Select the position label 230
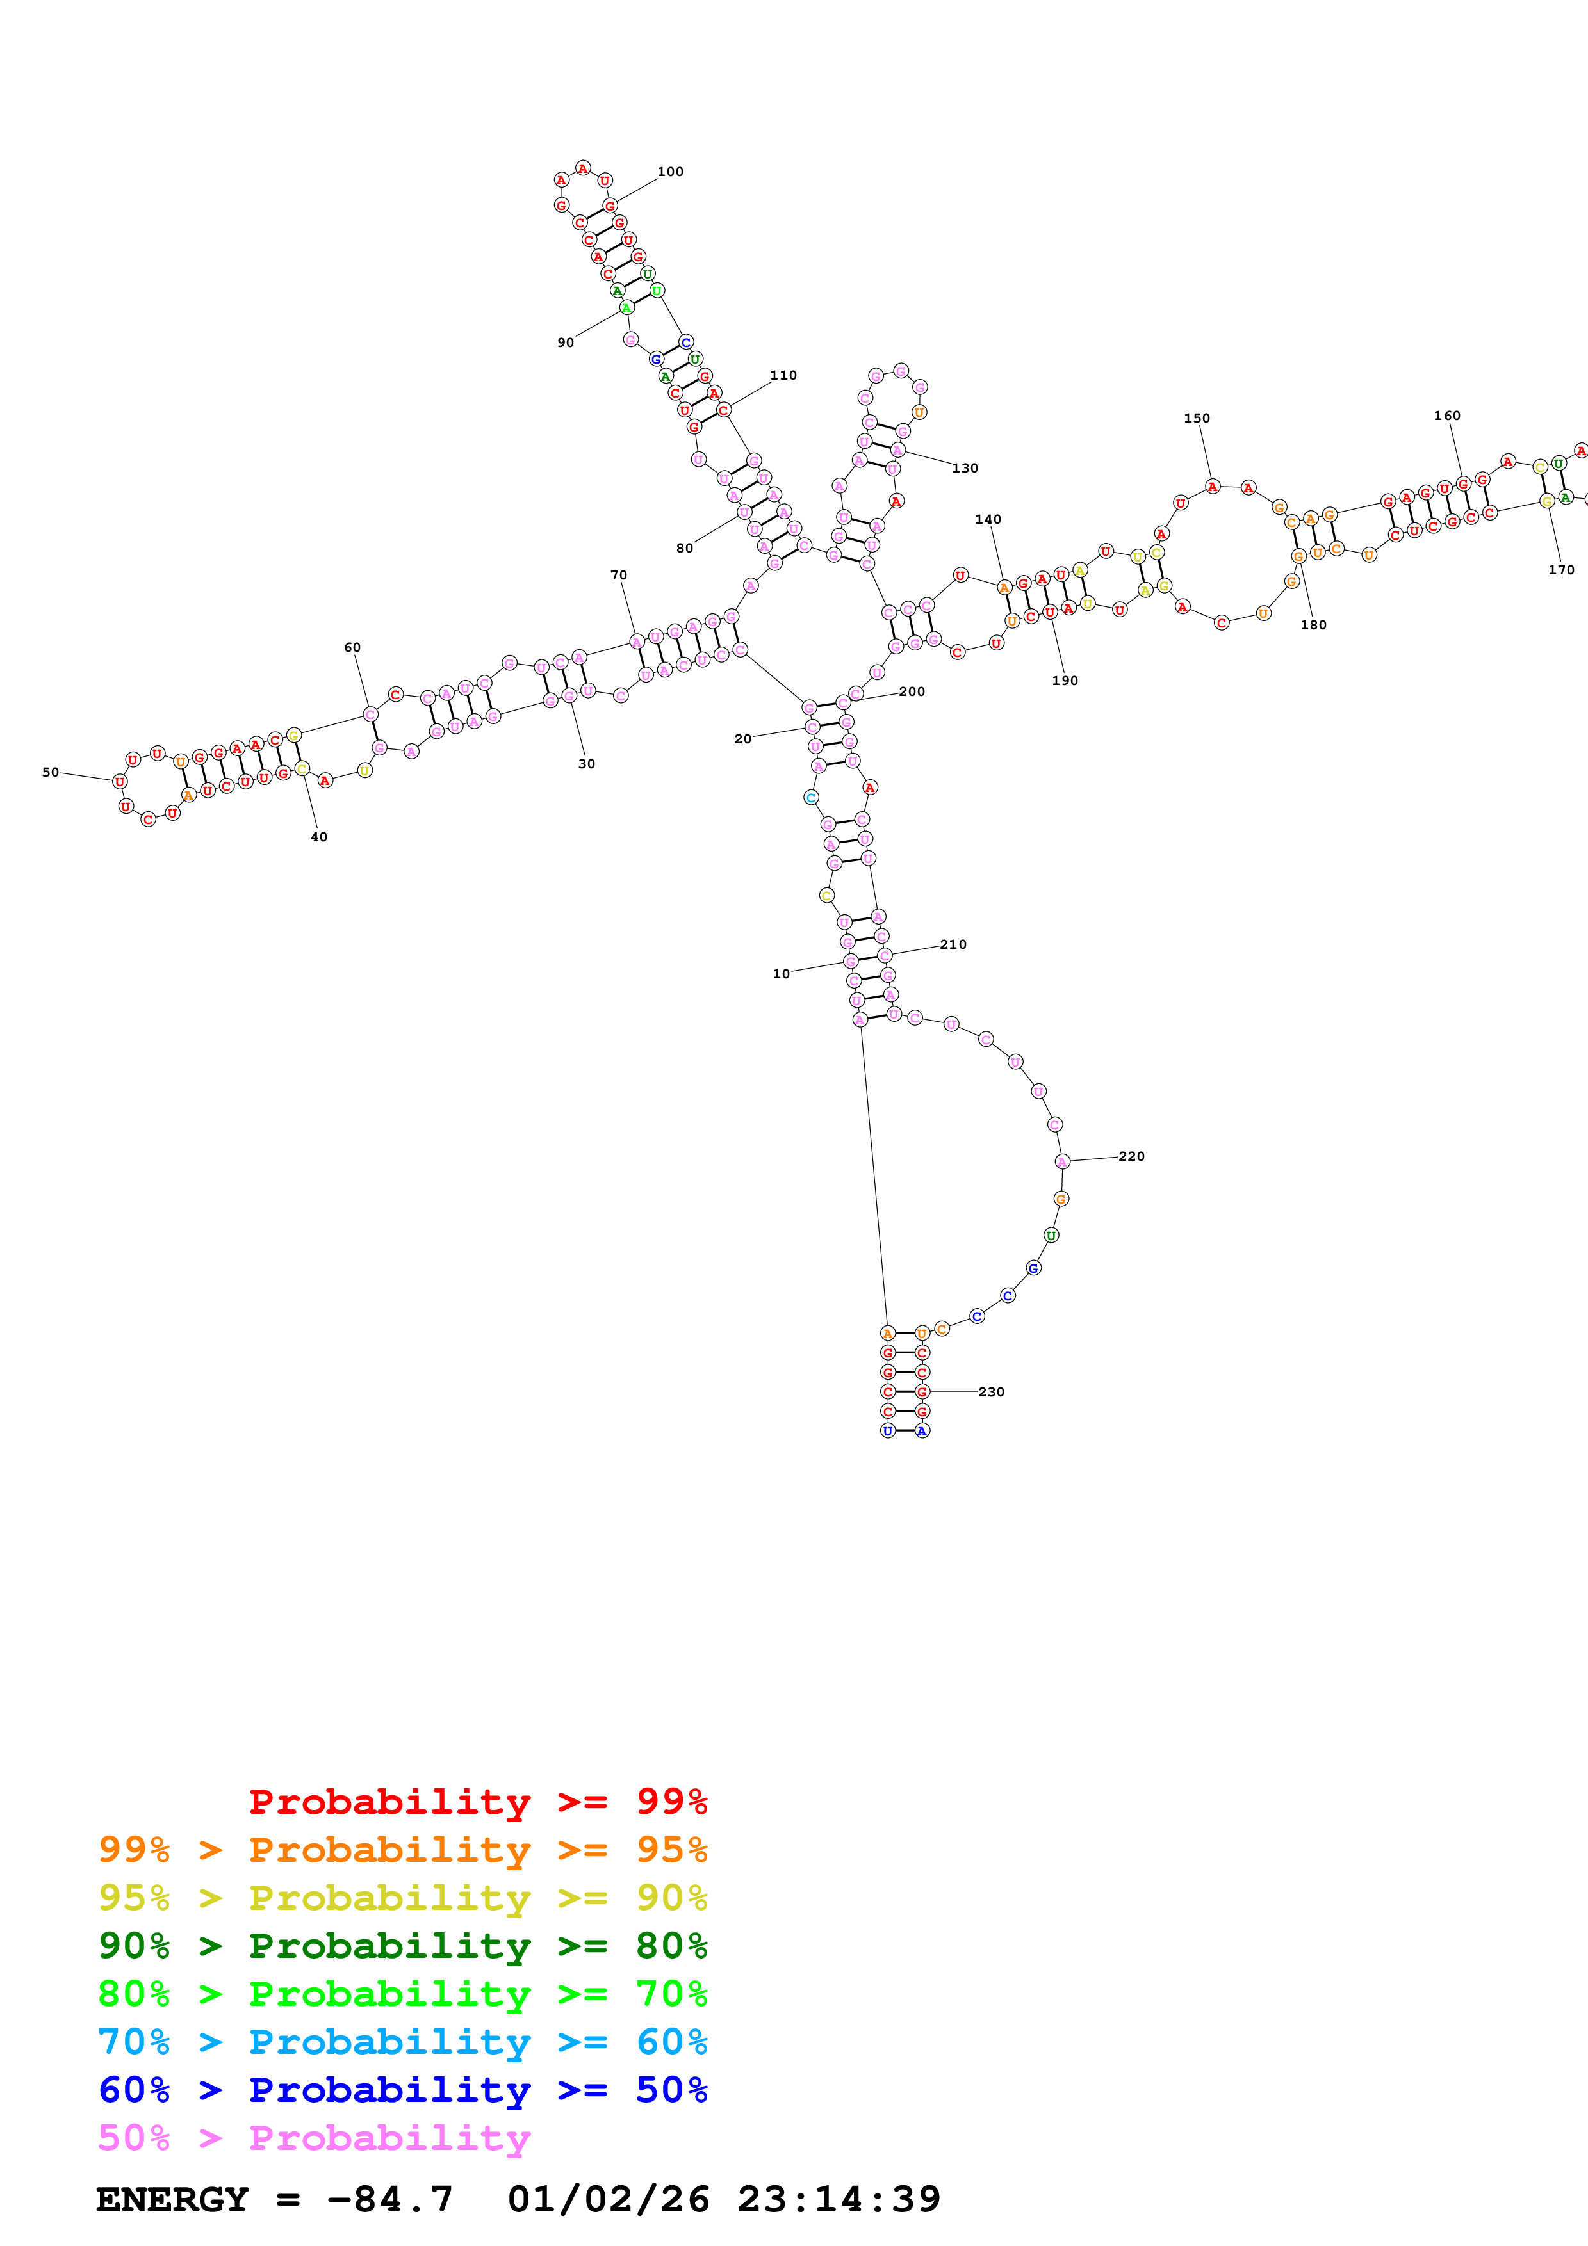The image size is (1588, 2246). coord(991,1392)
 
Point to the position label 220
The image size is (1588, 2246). coord(1131,1156)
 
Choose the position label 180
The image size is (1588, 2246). coord(1313,625)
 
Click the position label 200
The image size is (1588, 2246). coord(912,691)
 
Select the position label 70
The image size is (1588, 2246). coord(618,575)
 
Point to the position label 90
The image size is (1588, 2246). coord(566,343)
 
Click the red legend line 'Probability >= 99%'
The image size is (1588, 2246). coord(477,1802)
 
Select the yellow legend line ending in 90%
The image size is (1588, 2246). coord(402,1898)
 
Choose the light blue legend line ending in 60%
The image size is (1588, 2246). coord(402,2042)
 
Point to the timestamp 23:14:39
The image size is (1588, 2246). coord(839,2200)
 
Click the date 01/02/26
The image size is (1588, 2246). coord(609,2200)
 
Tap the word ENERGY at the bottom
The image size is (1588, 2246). coord(172,2200)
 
